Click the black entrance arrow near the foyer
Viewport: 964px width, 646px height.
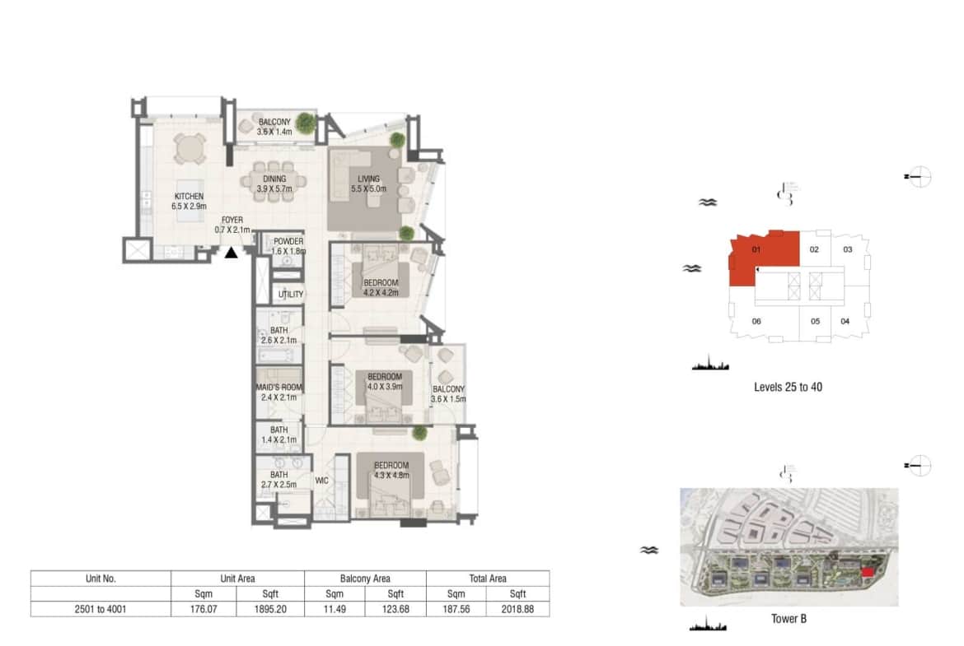click(232, 253)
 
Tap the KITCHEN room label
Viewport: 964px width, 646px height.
click(189, 197)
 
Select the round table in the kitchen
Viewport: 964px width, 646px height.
click(190, 149)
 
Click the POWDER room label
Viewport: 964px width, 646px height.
click(288, 241)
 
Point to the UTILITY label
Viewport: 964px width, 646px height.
click(291, 294)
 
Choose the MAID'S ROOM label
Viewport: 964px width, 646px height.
click(279, 388)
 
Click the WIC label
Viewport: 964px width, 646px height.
click(321, 481)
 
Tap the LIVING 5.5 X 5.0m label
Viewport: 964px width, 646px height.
click(369, 184)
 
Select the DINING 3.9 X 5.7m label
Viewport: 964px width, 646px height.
click(274, 184)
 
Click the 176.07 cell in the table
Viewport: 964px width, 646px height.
click(203, 609)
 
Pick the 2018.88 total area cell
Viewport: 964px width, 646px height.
click(517, 609)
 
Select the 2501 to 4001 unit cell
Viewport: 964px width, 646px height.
click(101, 609)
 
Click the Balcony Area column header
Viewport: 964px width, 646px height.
click(365, 579)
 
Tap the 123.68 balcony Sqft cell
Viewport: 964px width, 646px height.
click(395, 609)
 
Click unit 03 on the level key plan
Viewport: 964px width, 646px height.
click(848, 249)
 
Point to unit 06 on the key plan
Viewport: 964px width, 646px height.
click(756, 321)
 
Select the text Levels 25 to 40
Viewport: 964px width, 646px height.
click(789, 387)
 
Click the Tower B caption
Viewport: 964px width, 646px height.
click(789, 618)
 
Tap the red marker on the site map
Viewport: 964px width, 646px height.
click(867, 572)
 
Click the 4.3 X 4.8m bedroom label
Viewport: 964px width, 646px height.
click(391, 475)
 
